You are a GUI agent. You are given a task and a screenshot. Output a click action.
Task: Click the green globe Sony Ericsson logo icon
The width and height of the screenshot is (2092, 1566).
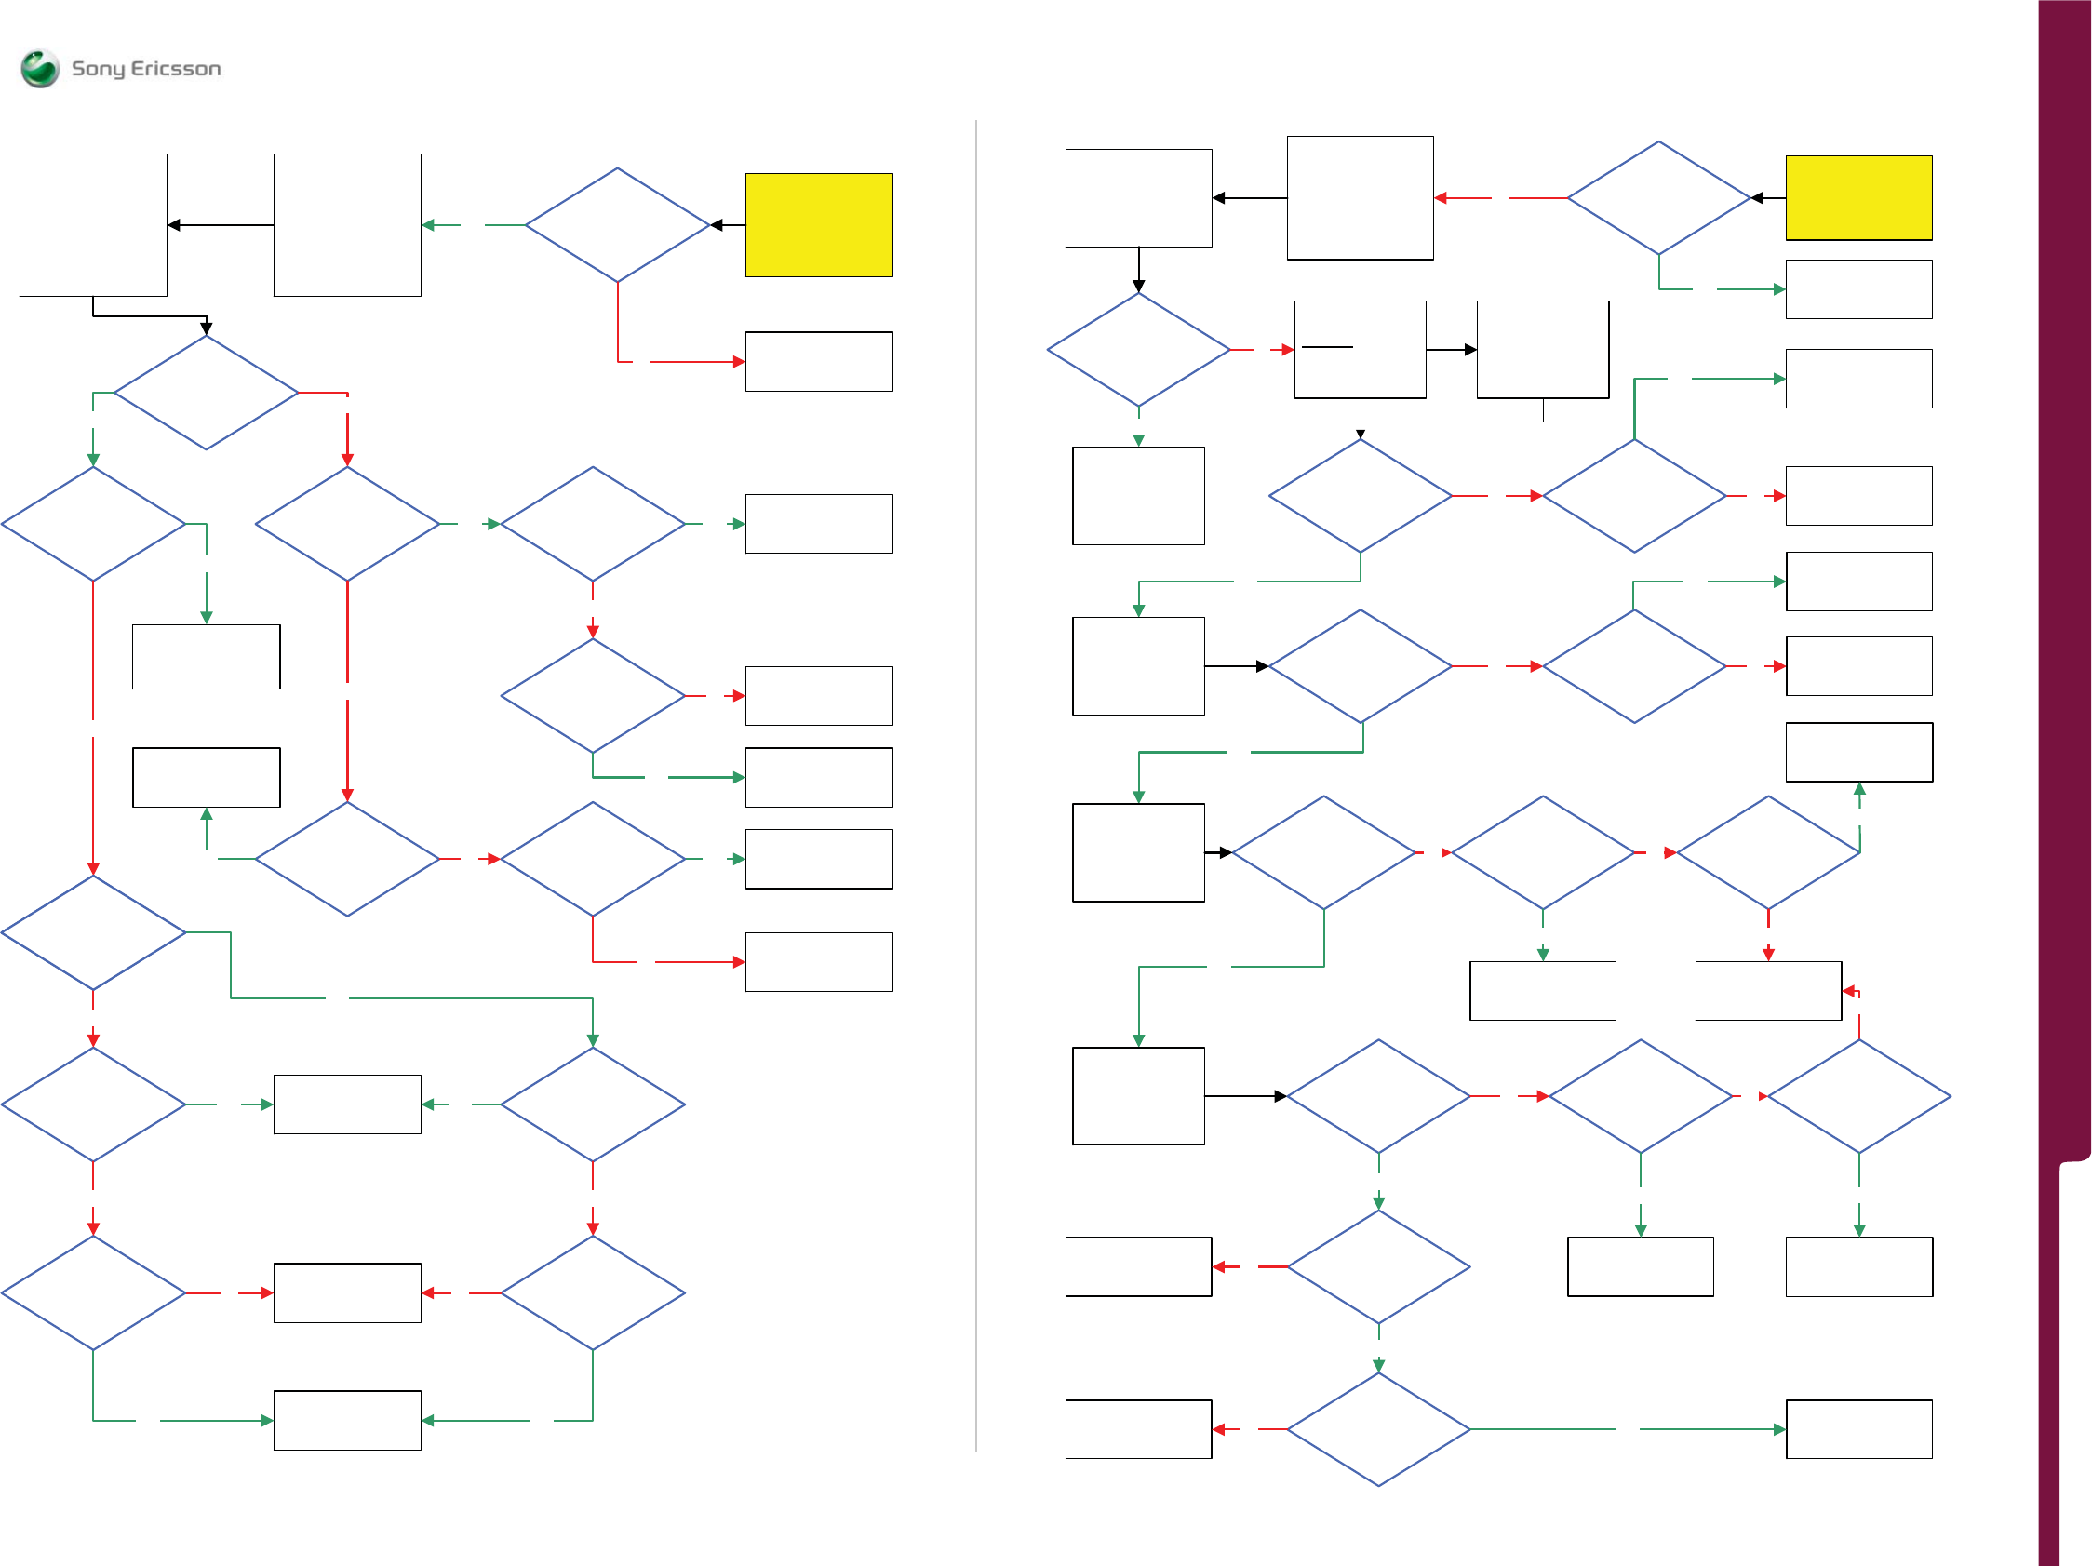40,68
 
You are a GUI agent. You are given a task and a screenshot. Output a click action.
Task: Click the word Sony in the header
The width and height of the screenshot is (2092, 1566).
98,69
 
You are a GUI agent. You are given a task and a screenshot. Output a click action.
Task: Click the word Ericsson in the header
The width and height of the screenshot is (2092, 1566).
176,68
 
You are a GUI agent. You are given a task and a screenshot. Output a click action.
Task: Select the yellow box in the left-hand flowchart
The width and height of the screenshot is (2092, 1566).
818,225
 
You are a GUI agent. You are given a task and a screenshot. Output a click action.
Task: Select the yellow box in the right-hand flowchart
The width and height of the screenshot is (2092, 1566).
1857,197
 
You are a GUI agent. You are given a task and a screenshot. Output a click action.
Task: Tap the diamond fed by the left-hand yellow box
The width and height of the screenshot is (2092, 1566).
618,225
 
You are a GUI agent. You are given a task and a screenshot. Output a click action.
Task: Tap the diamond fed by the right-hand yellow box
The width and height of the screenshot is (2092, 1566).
1658,197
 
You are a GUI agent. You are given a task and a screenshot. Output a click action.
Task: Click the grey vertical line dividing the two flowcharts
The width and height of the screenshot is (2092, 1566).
975,785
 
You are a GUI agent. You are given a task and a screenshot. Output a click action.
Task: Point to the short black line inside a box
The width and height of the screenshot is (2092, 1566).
1327,347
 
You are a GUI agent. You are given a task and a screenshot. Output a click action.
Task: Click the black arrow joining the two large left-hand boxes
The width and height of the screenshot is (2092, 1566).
221,225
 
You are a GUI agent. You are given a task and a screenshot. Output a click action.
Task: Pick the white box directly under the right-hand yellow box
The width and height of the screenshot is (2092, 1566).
1857,289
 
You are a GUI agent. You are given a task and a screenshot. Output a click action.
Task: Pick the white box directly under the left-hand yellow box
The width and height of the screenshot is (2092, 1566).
818,361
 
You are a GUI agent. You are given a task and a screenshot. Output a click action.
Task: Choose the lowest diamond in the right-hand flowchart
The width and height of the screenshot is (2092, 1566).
1378,1429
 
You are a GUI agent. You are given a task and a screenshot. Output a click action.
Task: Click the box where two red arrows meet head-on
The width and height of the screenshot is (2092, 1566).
347,1292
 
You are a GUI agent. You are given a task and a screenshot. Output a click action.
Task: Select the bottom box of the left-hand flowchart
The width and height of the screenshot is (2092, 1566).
347,1419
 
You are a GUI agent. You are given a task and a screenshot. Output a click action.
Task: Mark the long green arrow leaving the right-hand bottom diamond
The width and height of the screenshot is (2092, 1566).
1627,1429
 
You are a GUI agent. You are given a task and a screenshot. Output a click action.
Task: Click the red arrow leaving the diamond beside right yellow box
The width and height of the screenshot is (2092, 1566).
1500,197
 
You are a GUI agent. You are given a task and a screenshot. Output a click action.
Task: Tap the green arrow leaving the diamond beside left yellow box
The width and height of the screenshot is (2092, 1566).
473,225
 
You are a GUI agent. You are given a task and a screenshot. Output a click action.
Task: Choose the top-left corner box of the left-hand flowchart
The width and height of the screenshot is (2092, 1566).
94,225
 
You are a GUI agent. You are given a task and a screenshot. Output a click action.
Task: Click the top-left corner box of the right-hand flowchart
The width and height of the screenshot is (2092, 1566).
1138,197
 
